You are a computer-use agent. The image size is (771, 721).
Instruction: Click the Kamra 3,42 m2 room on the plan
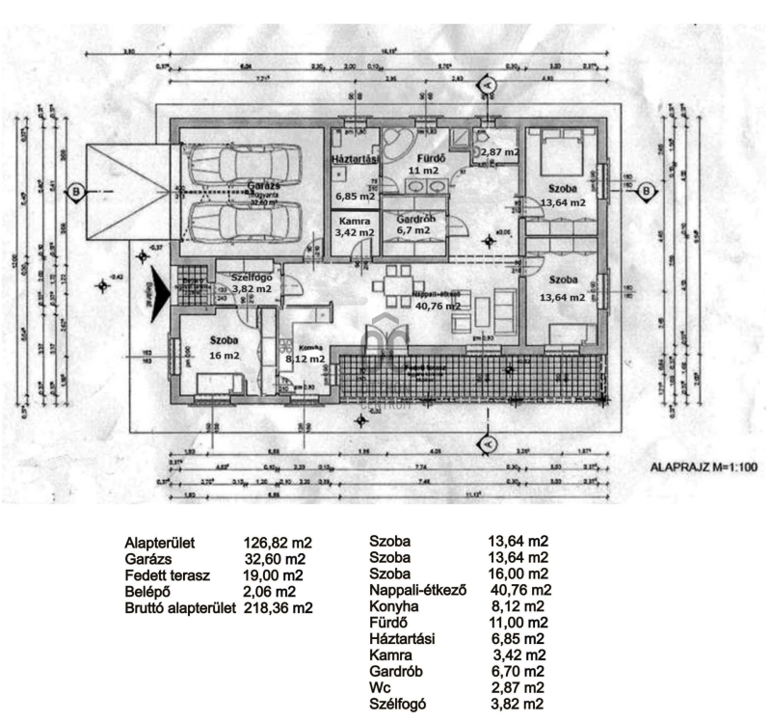point(354,227)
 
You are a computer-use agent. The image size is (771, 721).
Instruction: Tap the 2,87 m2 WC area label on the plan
point(500,152)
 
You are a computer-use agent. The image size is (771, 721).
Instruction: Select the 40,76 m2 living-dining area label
point(438,306)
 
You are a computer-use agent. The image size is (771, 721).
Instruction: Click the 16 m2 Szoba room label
point(224,348)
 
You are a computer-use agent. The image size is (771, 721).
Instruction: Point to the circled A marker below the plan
point(487,442)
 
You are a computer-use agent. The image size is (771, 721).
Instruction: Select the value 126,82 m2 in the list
point(278,544)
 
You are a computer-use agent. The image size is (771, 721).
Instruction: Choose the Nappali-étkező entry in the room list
point(417,590)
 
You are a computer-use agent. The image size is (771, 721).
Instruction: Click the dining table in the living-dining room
point(395,285)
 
